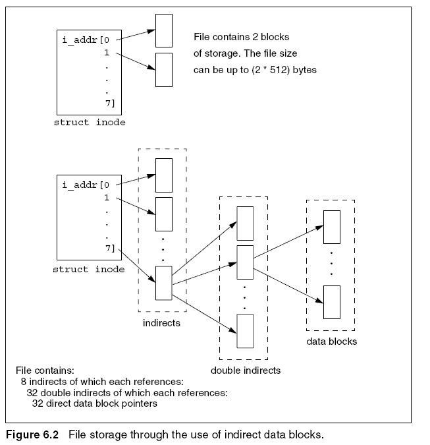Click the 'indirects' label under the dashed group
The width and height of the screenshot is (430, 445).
pyautogui.click(x=161, y=323)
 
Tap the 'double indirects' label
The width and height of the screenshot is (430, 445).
pyautogui.click(x=246, y=371)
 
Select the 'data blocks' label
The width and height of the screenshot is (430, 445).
pyautogui.click(x=332, y=341)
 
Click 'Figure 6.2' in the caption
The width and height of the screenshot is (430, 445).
pyautogui.click(x=32, y=435)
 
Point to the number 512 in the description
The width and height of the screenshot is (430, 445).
pyautogui.click(x=279, y=70)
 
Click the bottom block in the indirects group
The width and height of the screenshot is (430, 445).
pyautogui.click(x=164, y=283)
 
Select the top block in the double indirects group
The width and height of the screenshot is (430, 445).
pyautogui.click(x=245, y=223)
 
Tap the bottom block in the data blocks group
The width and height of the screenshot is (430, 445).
pyautogui.click(x=332, y=302)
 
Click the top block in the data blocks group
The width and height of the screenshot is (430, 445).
pyautogui.click(x=332, y=227)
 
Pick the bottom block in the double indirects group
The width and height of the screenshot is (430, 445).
pyautogui.click(x=245, y=331)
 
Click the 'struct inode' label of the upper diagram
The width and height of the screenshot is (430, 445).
pyautogui.click(x=90, y=123)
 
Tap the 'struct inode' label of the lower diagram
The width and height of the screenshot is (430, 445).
pyautogui.click(x=89, y=270)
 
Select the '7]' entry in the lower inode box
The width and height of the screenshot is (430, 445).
pyautogui.click(x=110, y=249)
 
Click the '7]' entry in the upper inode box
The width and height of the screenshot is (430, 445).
pyautogui.click(x=110, y=104)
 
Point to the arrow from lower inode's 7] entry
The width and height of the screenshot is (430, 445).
pyautogui.click(x=137, y=266)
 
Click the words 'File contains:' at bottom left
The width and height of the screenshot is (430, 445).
pyautogui.click(x=45, y=371)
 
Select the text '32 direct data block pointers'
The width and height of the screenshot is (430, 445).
pyautogui.click(x=95, y=403)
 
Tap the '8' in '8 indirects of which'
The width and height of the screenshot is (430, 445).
pyautogui.click(x=24, y=382)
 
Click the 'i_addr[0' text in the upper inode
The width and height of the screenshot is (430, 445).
pyautogui.click(x=86, y=40)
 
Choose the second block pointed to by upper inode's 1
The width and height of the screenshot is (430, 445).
pyautogui.click(x=164, y=70)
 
